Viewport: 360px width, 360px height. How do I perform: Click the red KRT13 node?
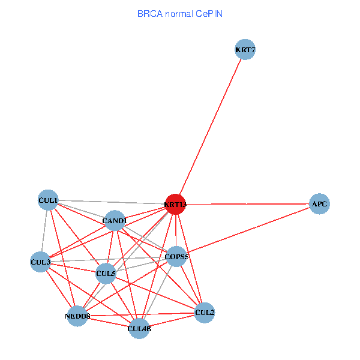click(x=176, y=205)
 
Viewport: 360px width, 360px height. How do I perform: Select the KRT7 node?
click(x=245, y=49)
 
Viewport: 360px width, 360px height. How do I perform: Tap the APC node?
click(x=319, y=204)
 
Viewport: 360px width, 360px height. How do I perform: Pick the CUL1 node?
click(x=48, y=200)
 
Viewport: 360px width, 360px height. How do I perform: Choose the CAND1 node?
click(x=115, y=221)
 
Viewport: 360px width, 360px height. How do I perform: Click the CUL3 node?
click(x=40, y=262)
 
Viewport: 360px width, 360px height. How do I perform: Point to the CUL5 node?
click(x=106, y=274)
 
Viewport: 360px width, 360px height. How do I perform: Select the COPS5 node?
click(x=176, y=256)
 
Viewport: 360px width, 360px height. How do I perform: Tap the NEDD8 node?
click(x=77, y=316)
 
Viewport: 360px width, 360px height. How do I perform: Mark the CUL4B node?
click(x=139, y=329)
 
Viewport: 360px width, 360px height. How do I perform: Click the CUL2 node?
click(x=205, y=313)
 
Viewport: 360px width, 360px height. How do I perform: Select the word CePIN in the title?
click(x=209, y=14)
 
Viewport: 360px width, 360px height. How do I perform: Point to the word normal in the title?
click(x=179, y=14)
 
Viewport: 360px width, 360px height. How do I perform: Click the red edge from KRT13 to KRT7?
click(x=211, y=127)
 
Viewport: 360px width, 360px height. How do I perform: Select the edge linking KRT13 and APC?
click(x=247, y=204)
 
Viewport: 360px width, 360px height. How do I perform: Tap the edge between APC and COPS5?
click(x=248, y=230)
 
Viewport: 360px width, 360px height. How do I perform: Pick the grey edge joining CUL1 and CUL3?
click(x=44, y=231)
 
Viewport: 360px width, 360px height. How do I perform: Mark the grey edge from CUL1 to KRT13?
click(x=112, y=202)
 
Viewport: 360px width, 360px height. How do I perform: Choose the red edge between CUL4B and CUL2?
click(x=172, y=321)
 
